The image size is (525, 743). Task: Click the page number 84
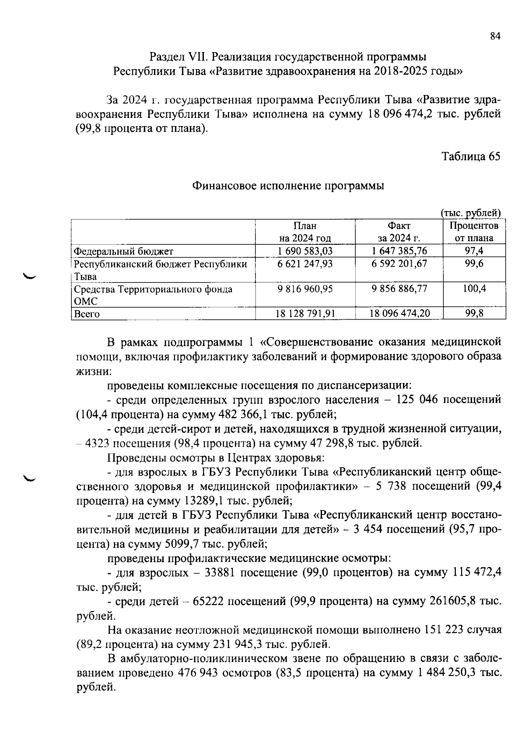pyautogui.click(x=495, y=37)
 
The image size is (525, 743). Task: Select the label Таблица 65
pyautogui.click(x=470, y=156)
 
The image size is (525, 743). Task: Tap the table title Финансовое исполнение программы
pyautogui.click(x=288, y=186)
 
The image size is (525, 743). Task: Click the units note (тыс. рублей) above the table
pyautogui.click(x=470, y=213)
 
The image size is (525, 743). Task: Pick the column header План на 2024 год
pyautogui.click(x=305, y=232)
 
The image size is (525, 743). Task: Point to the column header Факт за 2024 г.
pyautogui.click(x=399, y=232)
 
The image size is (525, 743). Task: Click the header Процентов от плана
pyautogui.click(x=474, y=232)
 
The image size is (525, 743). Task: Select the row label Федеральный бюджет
pyautogui.click(x=124, y=251)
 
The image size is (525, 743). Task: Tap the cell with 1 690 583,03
pyautogui.click(x=305, y=251)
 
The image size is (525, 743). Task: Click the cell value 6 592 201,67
pyautogui.click(x=399, y=264)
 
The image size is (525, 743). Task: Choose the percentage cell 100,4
pyautogui.click(x=474, y=289)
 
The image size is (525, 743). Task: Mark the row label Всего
pyautogui.click(x=87, y=314)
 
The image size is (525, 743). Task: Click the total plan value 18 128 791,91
pyautogui.click(x=305, y=313)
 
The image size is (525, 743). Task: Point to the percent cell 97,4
pyautogui.click(x=474, y=251)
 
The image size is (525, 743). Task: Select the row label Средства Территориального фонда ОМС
pyautogui.click(x=153, y=295)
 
